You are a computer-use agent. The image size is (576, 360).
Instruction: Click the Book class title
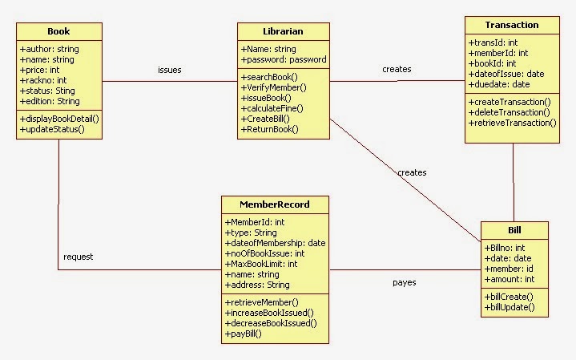tap(58, 31)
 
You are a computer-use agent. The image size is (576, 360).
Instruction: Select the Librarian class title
tap(283, 31)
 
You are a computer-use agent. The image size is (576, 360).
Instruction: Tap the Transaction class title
tap(512, 25)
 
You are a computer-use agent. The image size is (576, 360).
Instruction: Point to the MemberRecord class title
tap(274, 204)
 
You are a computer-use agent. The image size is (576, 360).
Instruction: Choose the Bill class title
tap(514, 230)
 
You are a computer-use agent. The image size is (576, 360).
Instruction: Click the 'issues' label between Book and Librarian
tap(169, 70)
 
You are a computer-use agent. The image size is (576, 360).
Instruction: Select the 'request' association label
tap(79, 257)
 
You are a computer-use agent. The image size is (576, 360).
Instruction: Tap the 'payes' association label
tap(404, 282)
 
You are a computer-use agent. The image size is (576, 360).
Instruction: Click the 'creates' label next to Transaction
tap(397, 69)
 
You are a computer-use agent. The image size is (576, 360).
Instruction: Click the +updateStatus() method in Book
tap(52, 128)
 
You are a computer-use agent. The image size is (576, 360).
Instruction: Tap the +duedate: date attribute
tap(499, 84)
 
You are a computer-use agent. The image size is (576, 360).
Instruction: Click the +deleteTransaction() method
tap(510, 112)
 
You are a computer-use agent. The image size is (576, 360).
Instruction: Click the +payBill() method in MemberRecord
tap(244, 334)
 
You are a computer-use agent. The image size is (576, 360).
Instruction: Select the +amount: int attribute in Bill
tap(510, 279)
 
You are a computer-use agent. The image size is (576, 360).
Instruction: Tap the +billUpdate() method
tap(509, 307)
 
